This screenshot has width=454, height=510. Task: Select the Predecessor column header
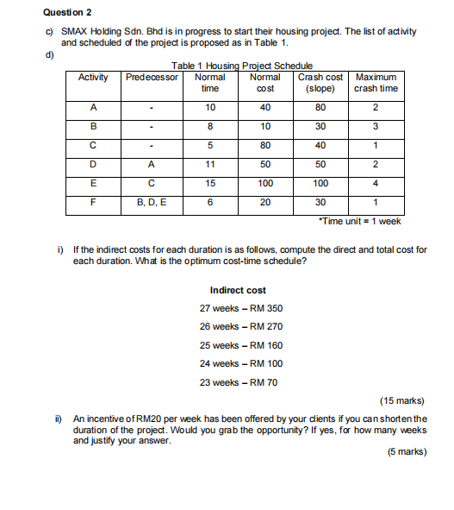(x=152, y=77)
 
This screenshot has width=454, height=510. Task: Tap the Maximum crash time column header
(x=376, y=82)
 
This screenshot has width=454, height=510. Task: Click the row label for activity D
(x=93, y=163)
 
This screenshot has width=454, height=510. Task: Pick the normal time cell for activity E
(x=209, y=183)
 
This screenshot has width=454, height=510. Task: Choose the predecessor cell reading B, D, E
(x=152, y=202)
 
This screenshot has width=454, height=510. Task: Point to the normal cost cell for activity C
(x=265, y=144)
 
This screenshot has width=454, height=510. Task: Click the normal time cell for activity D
(x=209, y=163)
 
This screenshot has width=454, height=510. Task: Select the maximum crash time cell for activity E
(x=376, y=183)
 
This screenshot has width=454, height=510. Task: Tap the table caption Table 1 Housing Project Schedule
(x=242, y=66)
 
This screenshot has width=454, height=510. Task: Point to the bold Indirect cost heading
(x=238, y=290)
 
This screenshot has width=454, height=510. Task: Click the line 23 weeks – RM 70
(x=239, y=382)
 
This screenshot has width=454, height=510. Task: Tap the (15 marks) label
(x=401, y=400)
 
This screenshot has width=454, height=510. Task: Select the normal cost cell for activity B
(x=265, y=126)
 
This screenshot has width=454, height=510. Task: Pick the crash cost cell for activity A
(x=320, y=107)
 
